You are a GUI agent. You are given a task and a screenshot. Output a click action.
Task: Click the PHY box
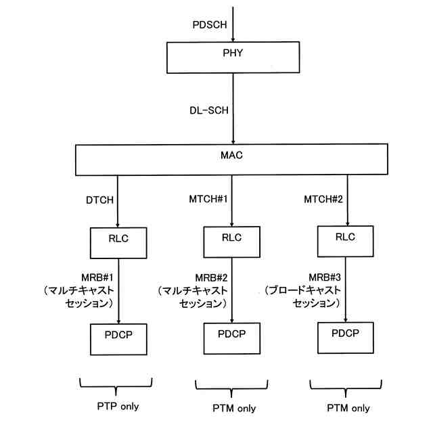click(233, 58)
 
